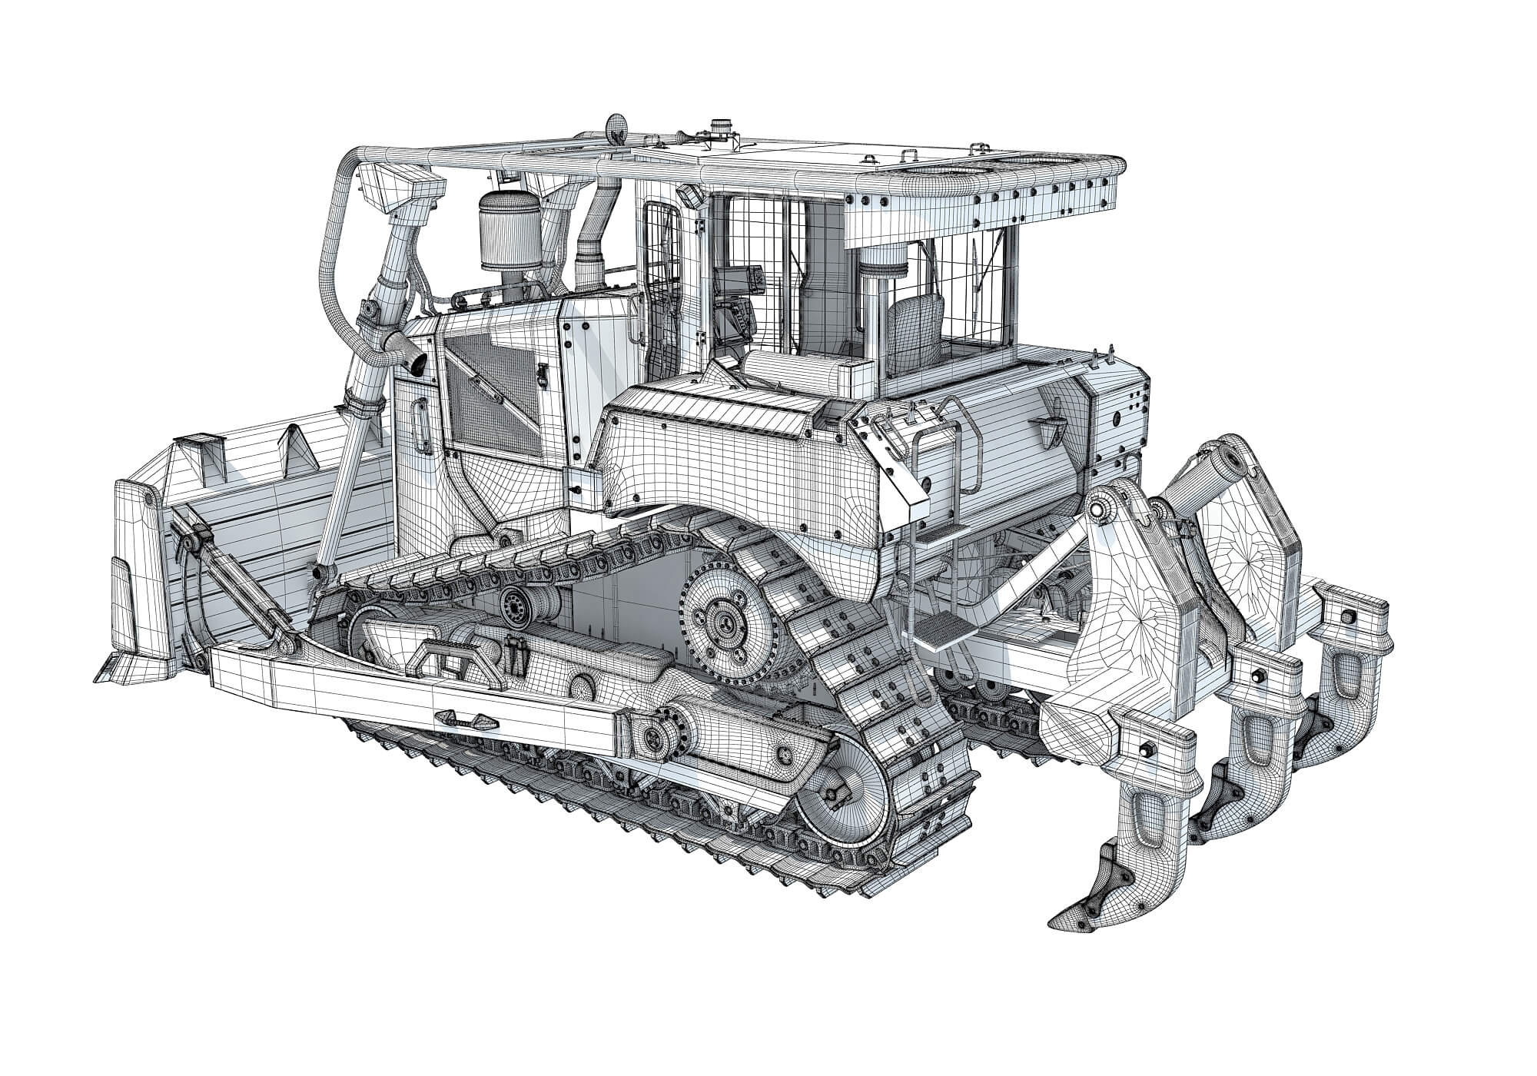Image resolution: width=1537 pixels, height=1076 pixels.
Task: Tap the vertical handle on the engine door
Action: coord(421,427)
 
